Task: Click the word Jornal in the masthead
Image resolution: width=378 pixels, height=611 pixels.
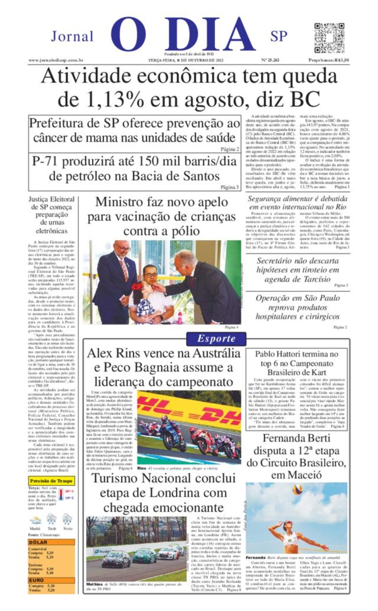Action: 72,37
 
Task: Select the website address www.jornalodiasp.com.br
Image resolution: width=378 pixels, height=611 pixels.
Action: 56,60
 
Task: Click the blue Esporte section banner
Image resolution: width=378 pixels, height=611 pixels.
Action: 216,338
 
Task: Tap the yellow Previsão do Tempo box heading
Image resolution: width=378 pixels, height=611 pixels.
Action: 51,481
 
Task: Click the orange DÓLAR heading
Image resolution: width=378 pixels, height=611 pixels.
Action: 38,542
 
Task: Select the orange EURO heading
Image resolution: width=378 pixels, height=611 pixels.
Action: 37,580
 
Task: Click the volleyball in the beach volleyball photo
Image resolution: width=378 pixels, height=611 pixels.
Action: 297,490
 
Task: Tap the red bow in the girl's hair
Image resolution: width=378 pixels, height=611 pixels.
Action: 137,286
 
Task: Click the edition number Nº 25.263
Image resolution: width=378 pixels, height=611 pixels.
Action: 270,60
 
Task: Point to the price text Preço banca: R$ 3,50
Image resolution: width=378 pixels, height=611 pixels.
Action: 329,60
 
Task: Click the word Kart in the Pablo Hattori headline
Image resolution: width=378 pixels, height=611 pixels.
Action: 319,372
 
